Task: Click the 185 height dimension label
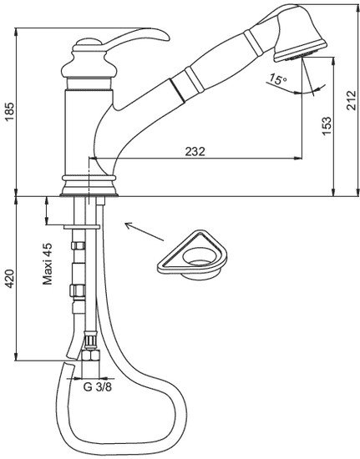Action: [x=9, y=112]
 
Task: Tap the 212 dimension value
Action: [x=351, y=100]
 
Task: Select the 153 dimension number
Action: [x=327, y=126]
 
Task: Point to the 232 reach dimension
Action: [x=195, y=151]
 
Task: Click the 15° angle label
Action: [x=278, y=79]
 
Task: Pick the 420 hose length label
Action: [x=9, y=279]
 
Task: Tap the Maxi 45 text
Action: [x=48, y=264]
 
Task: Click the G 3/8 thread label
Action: [x=97, y=387]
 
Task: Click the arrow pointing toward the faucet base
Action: [x=145, y=232]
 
